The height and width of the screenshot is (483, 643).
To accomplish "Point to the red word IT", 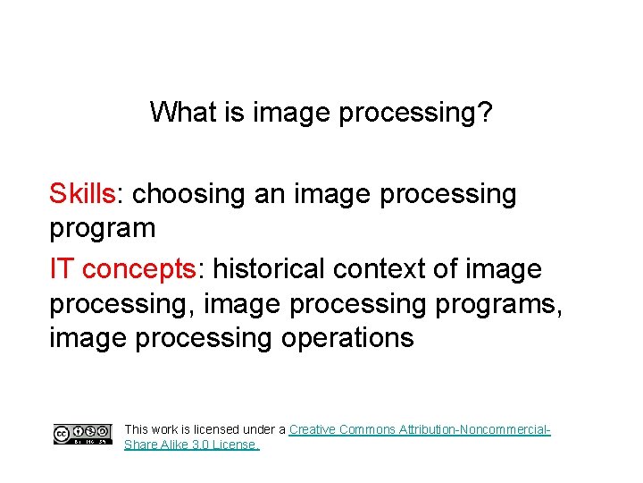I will (62, 268).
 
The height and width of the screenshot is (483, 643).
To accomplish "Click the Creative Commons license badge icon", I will (82, 435).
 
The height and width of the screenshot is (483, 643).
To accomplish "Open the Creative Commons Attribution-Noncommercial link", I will (420, 429).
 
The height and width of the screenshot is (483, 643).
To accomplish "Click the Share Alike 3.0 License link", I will (191, 445).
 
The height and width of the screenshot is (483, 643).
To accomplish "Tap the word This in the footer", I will (137, 429).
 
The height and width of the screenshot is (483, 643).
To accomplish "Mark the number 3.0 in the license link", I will (202, 445).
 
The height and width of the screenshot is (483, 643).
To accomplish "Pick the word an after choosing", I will (269, 193).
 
